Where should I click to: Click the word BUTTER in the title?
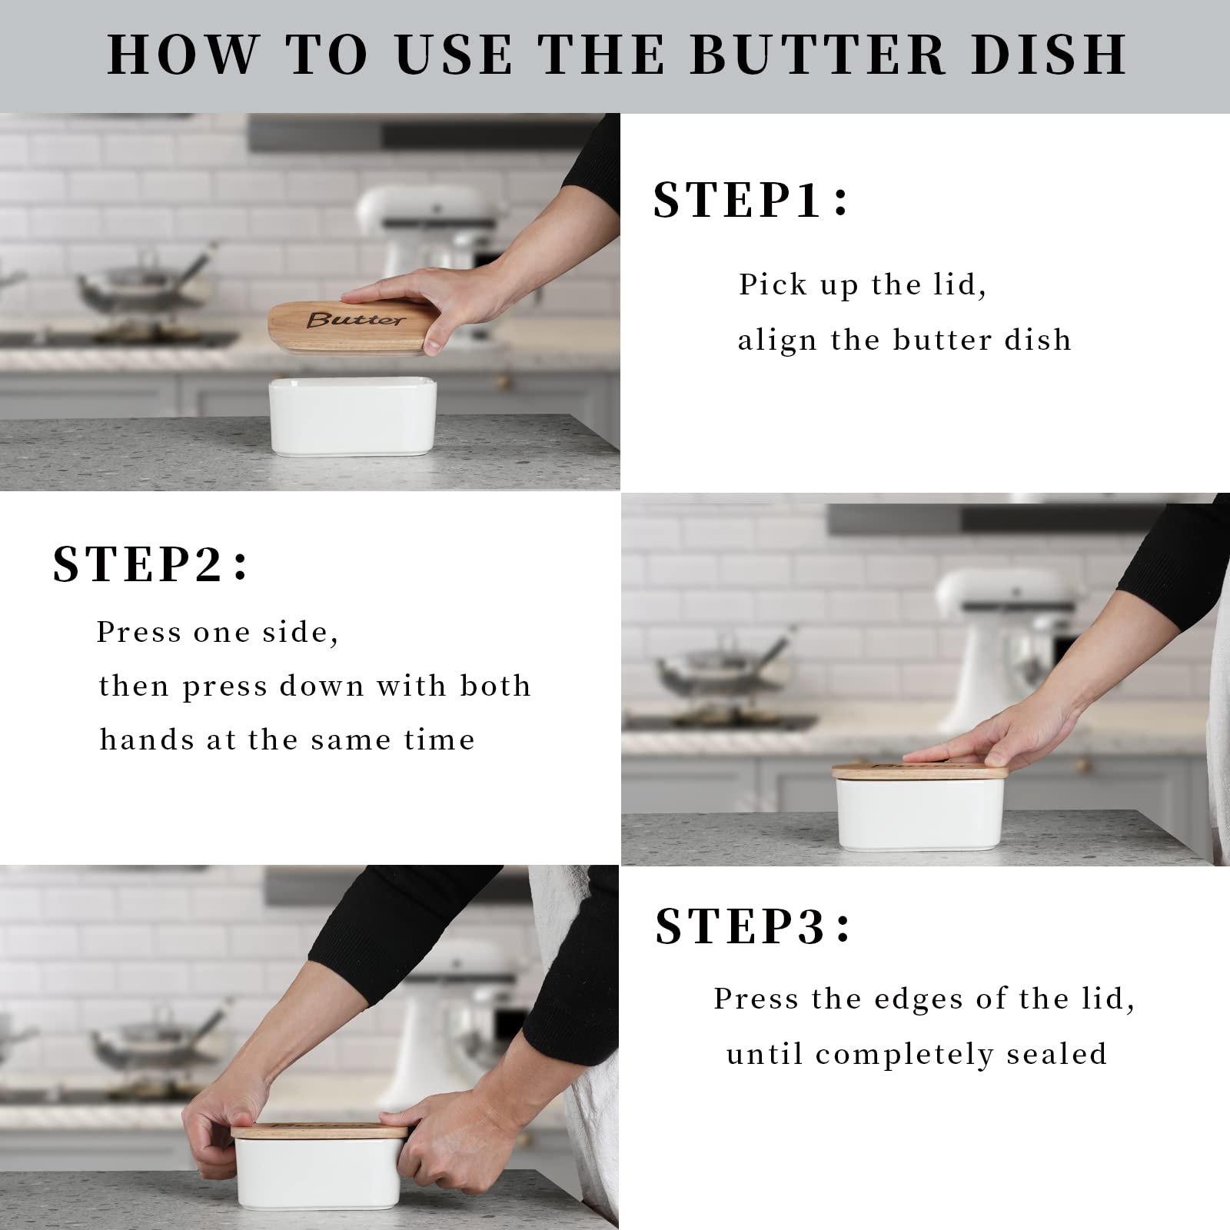click(818, 55)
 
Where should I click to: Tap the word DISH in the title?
click(1049, 55)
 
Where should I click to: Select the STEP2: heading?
click(150, 564)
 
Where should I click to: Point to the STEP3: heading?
click(752, 926)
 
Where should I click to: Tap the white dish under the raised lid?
click(352, 417)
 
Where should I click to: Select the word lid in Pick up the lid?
click(958, 284)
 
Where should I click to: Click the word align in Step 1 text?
click(776, 340)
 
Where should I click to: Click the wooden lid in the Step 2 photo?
click(919, 772)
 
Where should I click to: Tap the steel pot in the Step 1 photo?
click(131, 288)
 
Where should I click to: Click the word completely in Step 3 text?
click(904, 1055)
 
